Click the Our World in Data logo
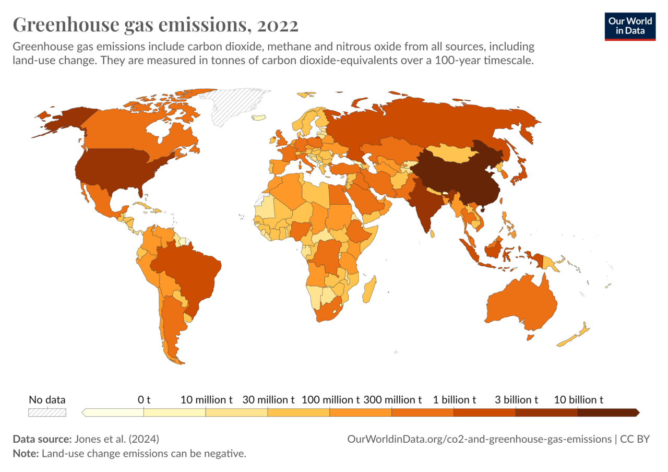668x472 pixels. [x=630, y=26]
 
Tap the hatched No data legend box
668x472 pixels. [x=47, y=412]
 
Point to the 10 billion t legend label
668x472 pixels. [x=578, y=400]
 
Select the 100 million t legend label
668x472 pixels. [x=331, y=400]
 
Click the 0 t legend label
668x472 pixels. [x=144, y=400]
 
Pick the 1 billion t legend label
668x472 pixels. [x=454, y=400]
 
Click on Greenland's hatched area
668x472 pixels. [x=237, y=107]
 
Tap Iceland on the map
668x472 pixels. [x=259, y=117]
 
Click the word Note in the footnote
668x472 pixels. [x=25, y=454]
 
